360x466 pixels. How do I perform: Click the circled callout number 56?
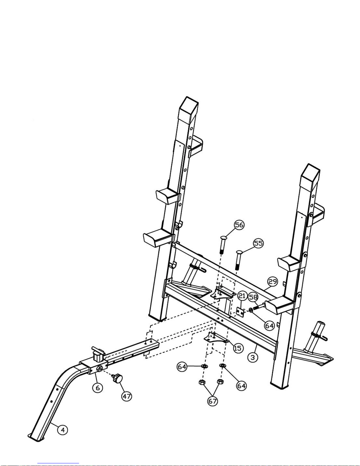click(x=239, y=225)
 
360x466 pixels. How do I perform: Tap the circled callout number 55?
click(x=258, y=243)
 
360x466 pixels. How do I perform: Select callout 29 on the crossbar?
click(x=273, y=282)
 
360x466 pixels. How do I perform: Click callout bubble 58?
click(x=253, y=297)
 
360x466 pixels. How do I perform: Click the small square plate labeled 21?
click(x=240, y=313)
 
